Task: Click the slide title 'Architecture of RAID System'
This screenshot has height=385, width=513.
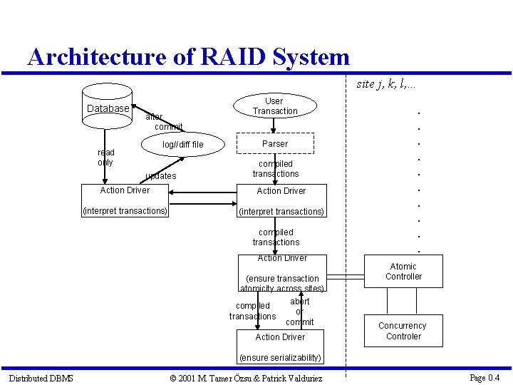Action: click(189, 57)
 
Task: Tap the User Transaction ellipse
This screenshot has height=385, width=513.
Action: click(274, 106)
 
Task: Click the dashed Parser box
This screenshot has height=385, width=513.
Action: click(275, 143)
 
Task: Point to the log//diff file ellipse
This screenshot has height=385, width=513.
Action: click(183, 145)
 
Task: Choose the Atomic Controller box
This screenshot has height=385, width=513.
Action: click(403, 272)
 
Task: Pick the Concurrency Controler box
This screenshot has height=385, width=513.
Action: click(403, 331)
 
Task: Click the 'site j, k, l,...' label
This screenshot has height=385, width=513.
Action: click(386, 84)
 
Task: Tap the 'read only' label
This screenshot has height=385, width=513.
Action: click(105, 158)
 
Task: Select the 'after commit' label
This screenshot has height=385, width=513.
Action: click(164, 122)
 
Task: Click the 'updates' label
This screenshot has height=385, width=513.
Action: click(160, 176)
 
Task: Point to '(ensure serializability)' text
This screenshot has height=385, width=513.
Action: click(280, 357)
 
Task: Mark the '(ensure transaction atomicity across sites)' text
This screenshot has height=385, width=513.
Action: click(282, 284)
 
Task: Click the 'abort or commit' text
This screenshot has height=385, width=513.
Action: click(299, 312)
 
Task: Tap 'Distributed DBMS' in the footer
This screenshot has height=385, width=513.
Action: click(41, 378)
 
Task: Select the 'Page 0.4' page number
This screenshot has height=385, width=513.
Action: click(484, 377)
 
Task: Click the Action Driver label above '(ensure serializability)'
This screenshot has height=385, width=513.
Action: click(280, 337)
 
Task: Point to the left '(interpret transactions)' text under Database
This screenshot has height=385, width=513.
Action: click(125, 210)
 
